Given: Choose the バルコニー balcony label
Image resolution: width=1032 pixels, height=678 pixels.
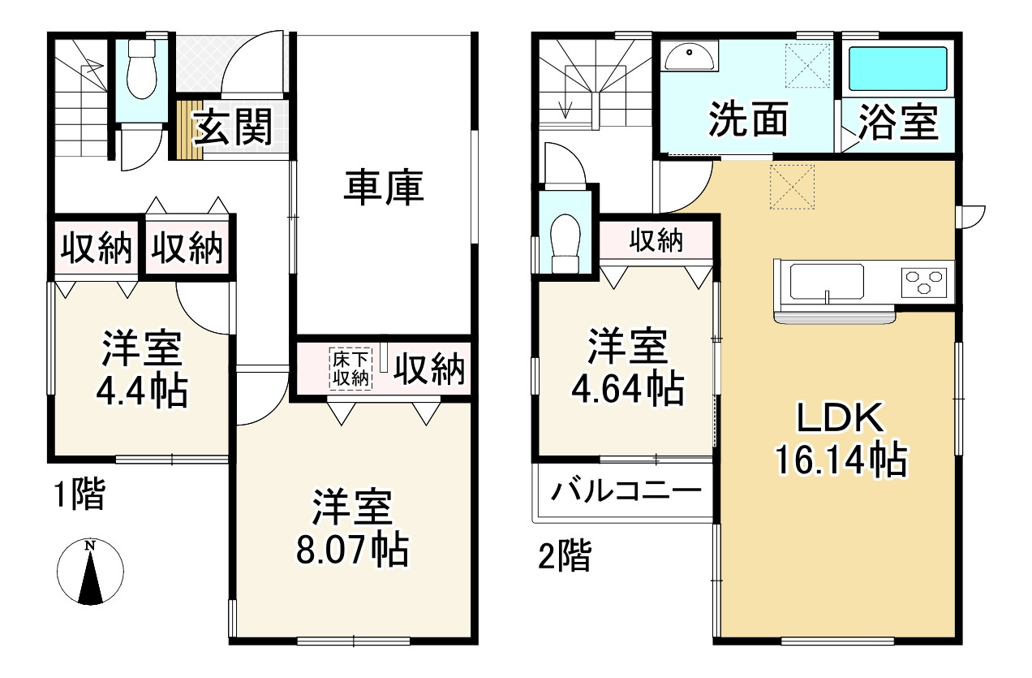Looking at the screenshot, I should coord(626,491).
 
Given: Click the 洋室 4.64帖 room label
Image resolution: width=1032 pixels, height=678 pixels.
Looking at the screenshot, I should coord(627,368).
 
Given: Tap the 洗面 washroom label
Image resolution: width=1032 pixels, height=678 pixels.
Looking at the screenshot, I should coord(749,120).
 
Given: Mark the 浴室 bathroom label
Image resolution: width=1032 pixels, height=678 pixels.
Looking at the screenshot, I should coord(898,123).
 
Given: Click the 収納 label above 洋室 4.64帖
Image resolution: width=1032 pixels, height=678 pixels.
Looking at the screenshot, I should coord(656,240).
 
